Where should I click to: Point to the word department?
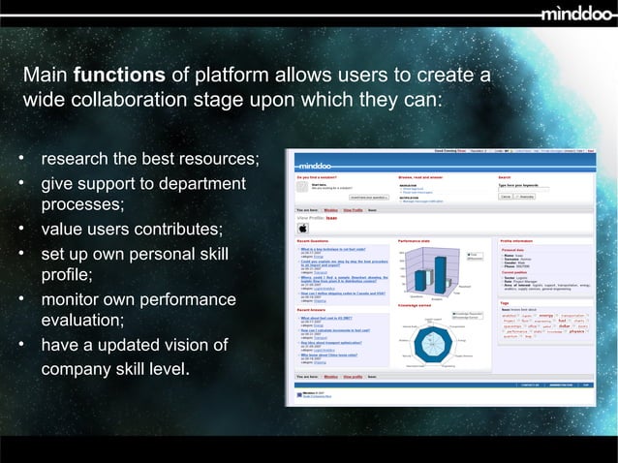(201, 184)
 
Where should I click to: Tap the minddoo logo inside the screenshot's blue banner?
(320, 165)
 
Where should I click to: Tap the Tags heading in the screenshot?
(505, 301)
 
